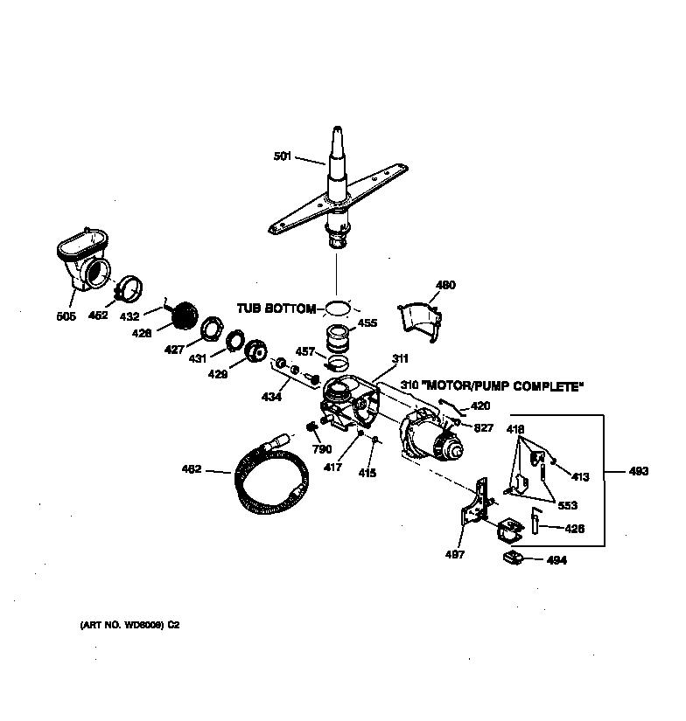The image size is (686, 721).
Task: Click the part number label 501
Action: click(282, 157)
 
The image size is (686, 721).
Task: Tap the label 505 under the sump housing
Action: click(66, 315)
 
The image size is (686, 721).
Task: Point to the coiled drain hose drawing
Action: click(268, 480)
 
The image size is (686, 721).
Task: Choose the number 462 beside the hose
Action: click(191, 469)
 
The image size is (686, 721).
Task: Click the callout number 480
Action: click(445, 285)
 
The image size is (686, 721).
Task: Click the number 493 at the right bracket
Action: click(639, 471)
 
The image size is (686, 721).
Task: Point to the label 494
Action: click(556, 560)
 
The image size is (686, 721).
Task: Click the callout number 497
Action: click(455, 554)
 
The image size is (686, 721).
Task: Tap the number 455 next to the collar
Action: click(367, 322)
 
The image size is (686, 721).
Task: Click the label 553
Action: click(567, 505)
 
